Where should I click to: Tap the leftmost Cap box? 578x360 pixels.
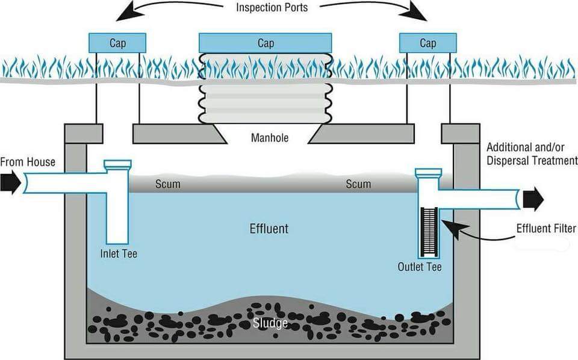[117, 43]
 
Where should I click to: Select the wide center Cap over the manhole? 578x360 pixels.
[265, 43]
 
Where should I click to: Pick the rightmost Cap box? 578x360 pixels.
[427, 43]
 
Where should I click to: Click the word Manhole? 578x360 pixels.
[269, 138]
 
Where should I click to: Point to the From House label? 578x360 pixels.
[28, 162]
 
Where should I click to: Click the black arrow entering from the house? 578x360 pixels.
[10, 182]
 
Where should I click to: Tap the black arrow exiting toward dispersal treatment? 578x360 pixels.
[533, 198]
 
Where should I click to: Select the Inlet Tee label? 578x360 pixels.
[119, 253]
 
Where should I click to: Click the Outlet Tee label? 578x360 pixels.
[420, 266]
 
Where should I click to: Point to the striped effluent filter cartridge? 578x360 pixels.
[430, 231]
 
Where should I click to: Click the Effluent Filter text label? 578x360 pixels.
[546, 228]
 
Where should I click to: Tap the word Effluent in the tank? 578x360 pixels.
[269, 229]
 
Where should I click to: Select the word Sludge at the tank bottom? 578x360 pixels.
[270, 323]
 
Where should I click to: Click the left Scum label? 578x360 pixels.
[167, 184]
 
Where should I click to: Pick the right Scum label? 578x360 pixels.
[358, 184]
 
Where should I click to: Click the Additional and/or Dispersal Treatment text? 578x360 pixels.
[530, 155]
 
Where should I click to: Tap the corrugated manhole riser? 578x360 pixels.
[265, 90]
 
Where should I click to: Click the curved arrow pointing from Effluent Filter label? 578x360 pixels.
[476, 232]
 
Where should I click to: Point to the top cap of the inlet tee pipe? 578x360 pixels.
[117, 164]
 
